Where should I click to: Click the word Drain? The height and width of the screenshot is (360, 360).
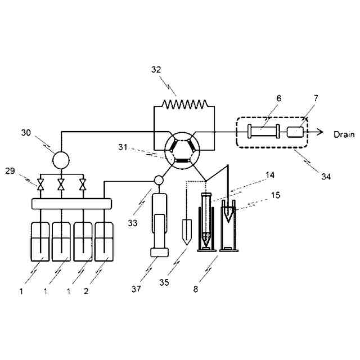pyautogui.click(x=344, y=134)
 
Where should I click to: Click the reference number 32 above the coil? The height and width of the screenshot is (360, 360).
pyautogui.click(x=156, y=70)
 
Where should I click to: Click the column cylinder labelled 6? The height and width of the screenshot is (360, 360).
pyautogui.click(x=264, y=132)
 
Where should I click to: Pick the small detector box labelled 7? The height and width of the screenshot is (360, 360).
pyautogui.click(x=295, y=132)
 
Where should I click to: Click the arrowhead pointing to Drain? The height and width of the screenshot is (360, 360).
pyautogui.click(x=319, y=132)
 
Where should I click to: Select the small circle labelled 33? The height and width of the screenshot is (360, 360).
pyautogui.click(x=159, y=181)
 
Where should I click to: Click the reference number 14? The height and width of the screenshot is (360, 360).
pyautogui.click(x=269, y=175)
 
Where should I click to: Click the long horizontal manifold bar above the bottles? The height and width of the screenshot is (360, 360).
pyautogui.click(x=71, y=203)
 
